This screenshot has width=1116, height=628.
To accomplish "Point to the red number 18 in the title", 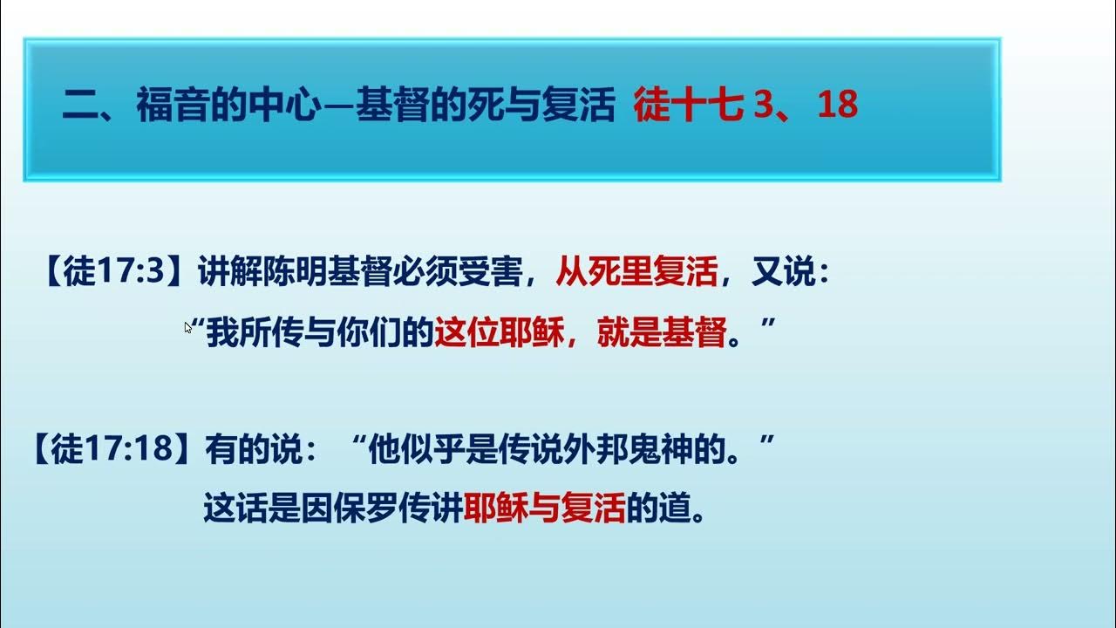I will [839, 106].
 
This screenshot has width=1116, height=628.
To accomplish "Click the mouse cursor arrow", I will [187, 327].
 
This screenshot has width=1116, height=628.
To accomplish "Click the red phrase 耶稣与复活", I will [545, 509].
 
